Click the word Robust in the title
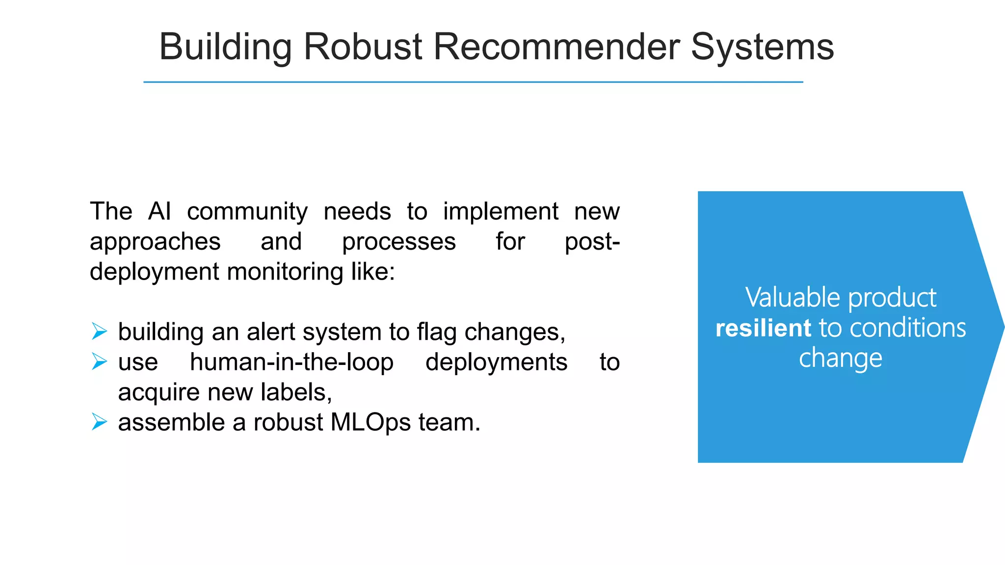(x=363, y=47)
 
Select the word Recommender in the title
(x=557, y=47)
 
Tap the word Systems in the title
(x=762, y=47)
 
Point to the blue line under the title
(x=473, y=82)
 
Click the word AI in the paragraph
(x=159, y=211)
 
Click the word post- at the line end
(x=592, y=242)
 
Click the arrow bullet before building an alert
(x=99, y=332)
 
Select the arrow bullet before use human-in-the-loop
(x=99, y=362)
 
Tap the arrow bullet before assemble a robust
(x=99, y=422)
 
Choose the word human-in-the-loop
(x=291, y=362)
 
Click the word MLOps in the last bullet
(x=370, y=422)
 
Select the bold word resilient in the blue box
(x=763, y=328)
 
